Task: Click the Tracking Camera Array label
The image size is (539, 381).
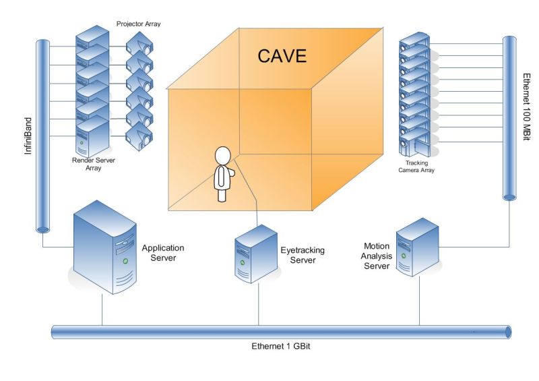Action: click(416, 167)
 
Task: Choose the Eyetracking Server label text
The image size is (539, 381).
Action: click(302, 255)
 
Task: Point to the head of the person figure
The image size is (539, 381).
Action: click(222, 155)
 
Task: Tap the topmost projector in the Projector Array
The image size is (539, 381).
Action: click(139, 45)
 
